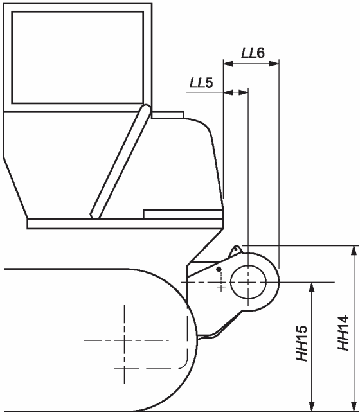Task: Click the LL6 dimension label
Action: click(253, 53)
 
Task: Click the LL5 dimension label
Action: click(201, 83)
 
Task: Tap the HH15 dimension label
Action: click(302, 343)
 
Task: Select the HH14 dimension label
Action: click(343, 333)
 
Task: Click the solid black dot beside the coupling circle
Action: click(219, 269)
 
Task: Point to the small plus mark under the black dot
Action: click(221, 287)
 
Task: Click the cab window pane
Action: click(78, 57)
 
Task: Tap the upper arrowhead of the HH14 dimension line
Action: click(354, 251)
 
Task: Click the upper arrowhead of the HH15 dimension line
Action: click(312, 287)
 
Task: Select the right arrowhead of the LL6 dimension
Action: click(274, 64)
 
